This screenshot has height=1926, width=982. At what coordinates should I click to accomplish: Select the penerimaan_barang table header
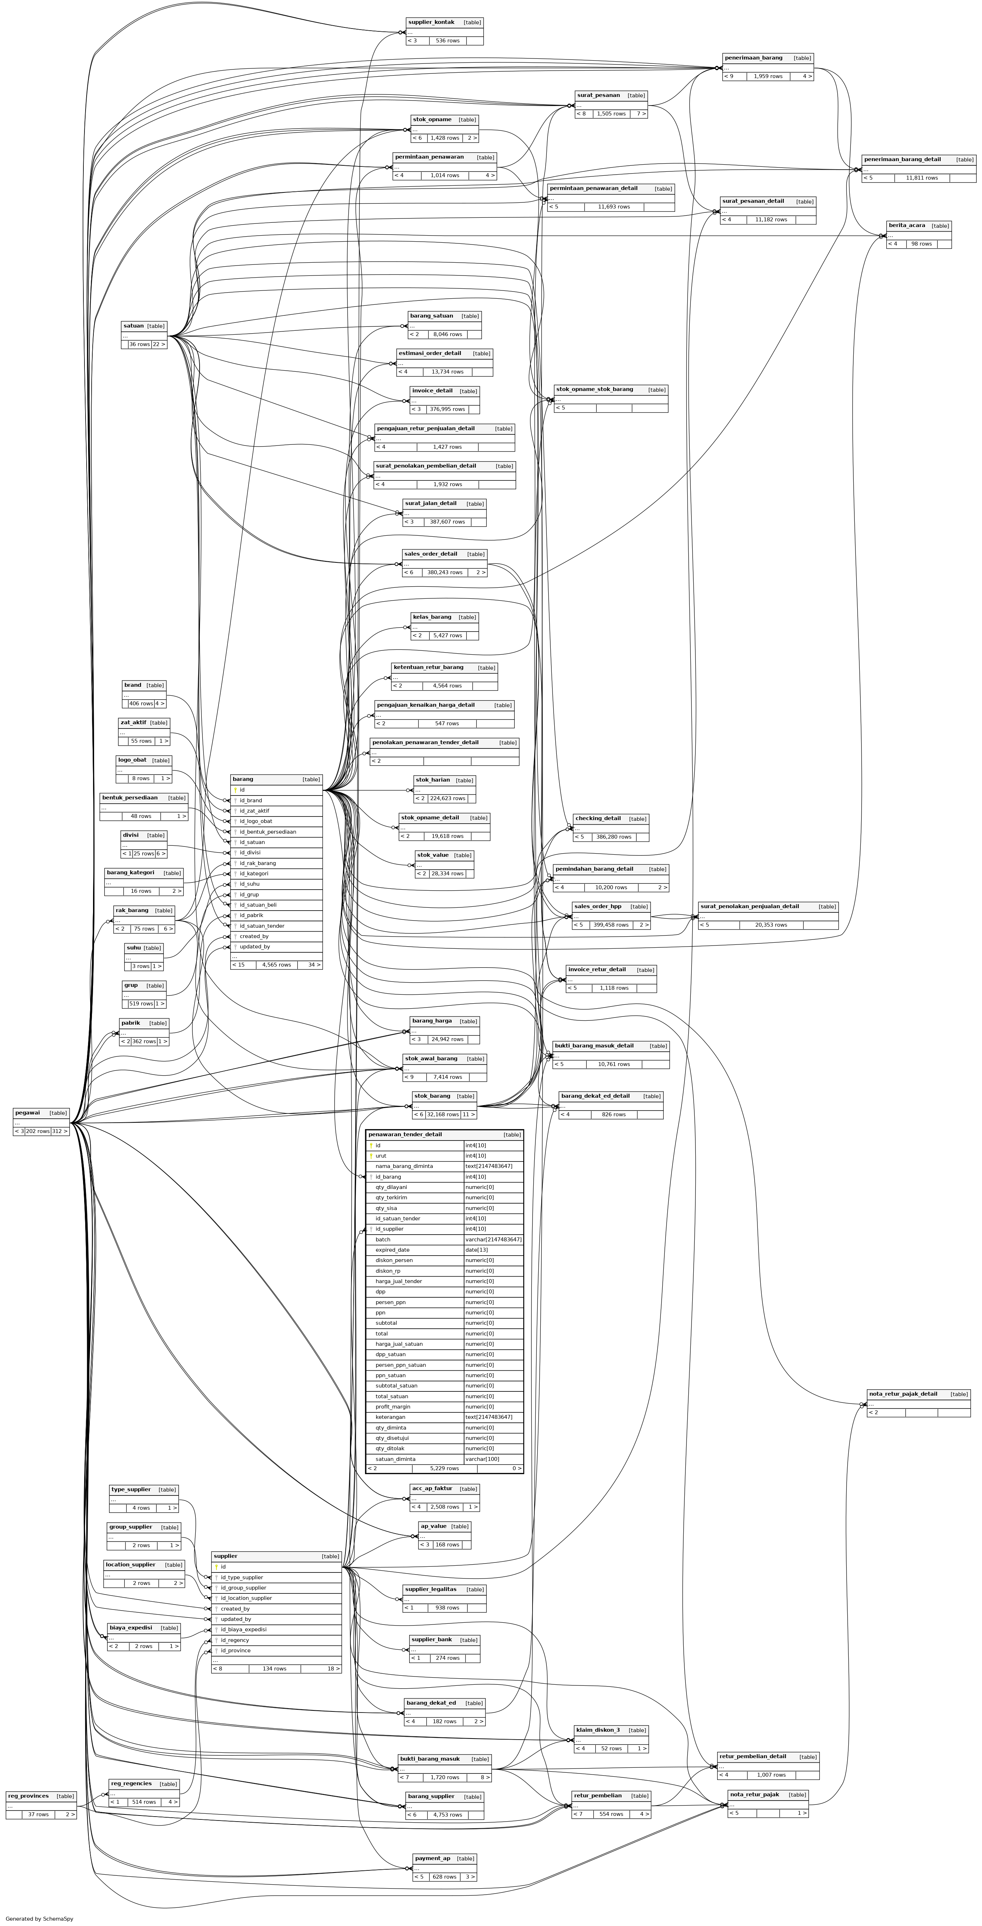pos(753,58)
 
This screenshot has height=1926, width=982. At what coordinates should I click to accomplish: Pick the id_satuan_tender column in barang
pos(262,926)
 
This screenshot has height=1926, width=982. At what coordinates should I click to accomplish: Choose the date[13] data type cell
pos(477,1249)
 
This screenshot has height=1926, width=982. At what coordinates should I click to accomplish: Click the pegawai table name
pos(28,1113)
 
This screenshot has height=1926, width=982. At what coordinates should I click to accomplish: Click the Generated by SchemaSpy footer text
pos(39,1919)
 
